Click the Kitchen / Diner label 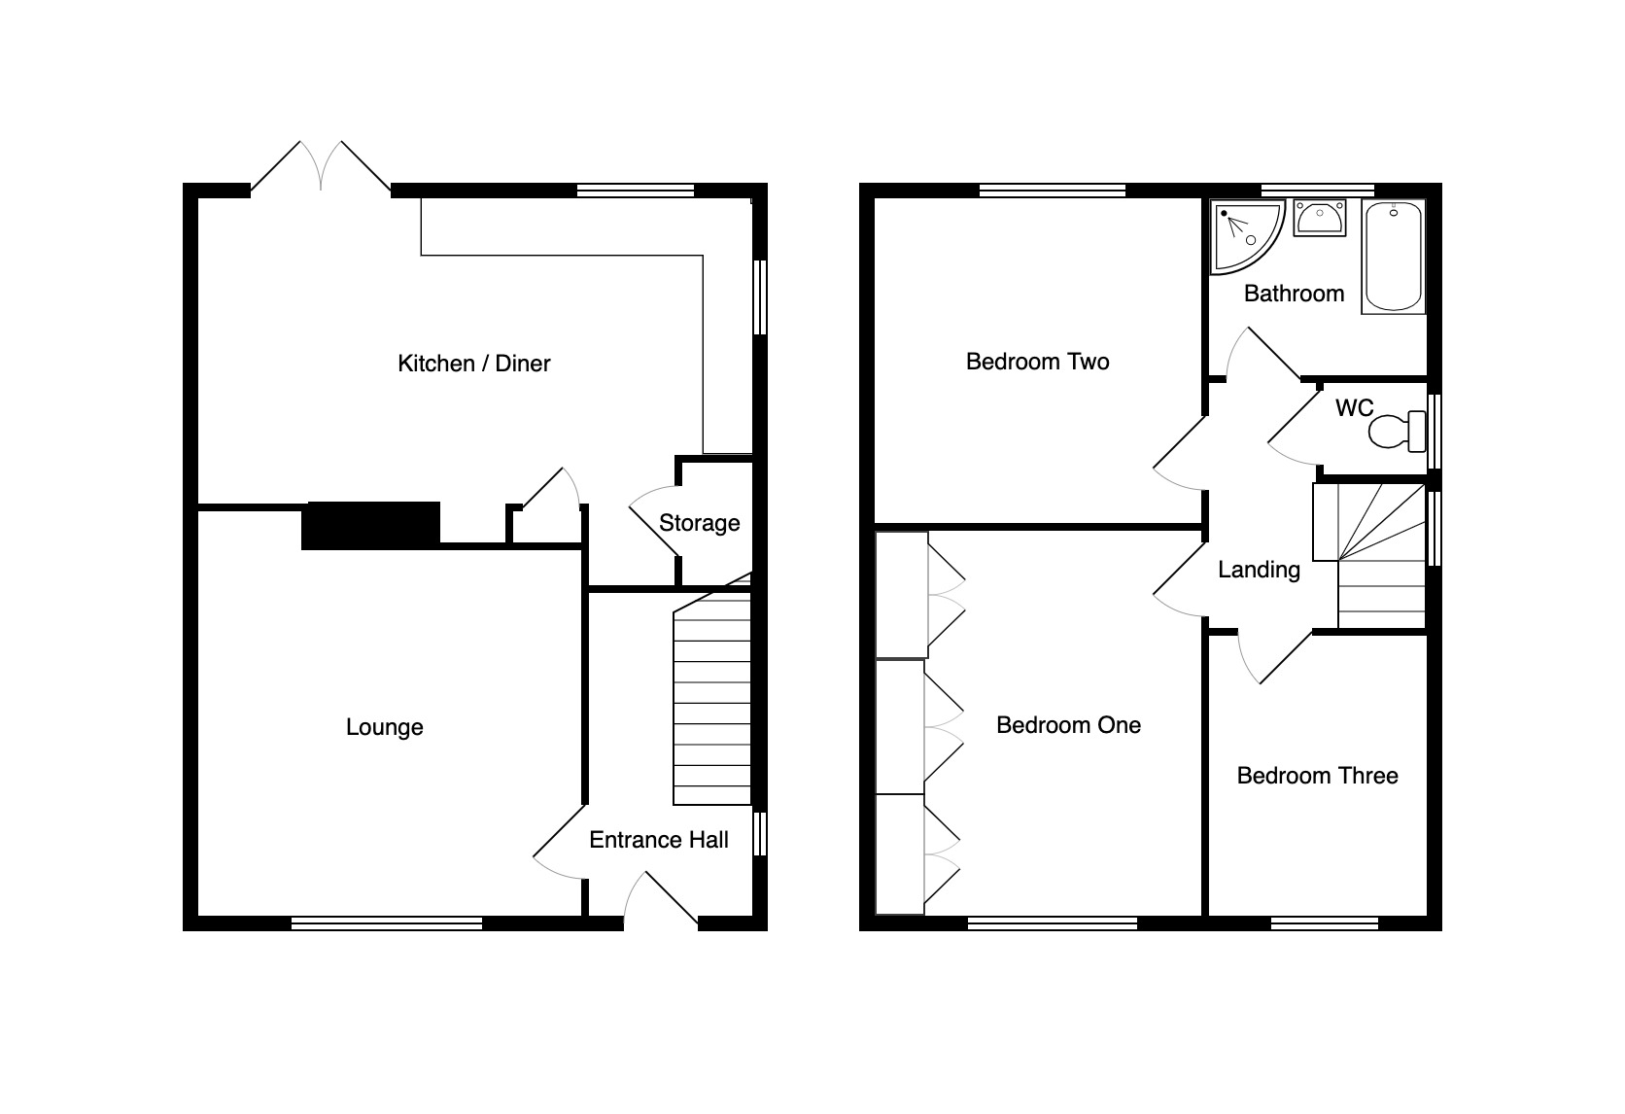pos(473,363)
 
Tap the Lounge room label pos(385,727)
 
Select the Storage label pos(700,523)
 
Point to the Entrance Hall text pos(659,840)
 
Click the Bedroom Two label pos(1037,362)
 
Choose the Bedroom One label pos(1068,725)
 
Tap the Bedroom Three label pos(1318,776)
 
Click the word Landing pos(1259,571)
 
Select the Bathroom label pos(1295,294)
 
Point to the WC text pos(1355,408)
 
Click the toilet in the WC pos(1398,431)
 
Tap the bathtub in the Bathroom pos(1394,257)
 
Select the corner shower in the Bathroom pos(1246,236)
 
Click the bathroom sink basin pos(1320,218)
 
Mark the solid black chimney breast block pos(370,526)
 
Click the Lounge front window pos(387,923)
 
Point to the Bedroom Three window pos(1324,923)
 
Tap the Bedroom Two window pos(1052,191)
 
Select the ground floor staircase pos(712,689)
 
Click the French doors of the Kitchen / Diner pos(321,167)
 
